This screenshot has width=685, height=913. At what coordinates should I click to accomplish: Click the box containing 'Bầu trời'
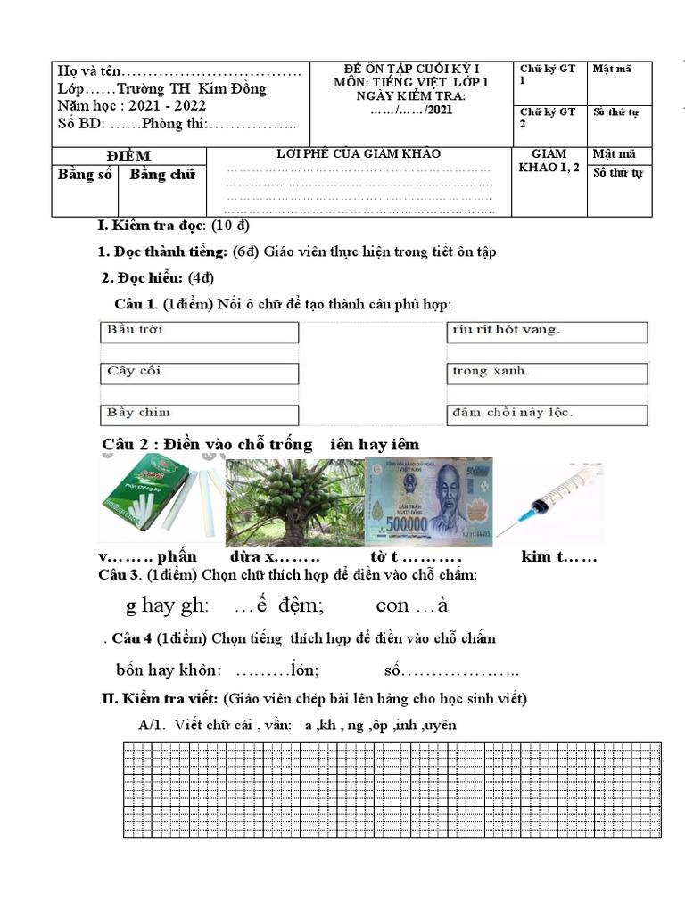[x=198, y=332]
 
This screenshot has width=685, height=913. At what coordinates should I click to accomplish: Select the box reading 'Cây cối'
[x=198, y=372]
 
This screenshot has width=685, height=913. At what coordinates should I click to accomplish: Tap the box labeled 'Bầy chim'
[x=198, y=414]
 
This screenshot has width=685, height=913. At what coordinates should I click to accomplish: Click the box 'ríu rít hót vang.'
[x=546, y=332]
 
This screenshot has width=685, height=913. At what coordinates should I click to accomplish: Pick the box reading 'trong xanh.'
[x=546, y=372]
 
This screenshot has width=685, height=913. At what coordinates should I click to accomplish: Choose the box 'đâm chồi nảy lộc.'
[x=546, y=414]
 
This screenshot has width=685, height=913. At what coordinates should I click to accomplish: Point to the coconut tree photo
[x=295, y=501]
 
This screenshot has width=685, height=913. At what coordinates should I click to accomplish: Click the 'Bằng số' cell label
[x=85, y=175]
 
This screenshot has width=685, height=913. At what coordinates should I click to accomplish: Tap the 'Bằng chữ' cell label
[x=161, y=175]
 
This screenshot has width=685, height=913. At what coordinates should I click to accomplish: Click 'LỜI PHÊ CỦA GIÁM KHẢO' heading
[x=359, y=154]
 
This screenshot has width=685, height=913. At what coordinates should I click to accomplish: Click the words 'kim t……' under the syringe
[x=558, y=557]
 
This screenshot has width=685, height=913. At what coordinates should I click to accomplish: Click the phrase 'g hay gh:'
[x=167, y=606]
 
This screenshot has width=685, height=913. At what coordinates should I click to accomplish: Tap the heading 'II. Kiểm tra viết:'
[x=160, y=697]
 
